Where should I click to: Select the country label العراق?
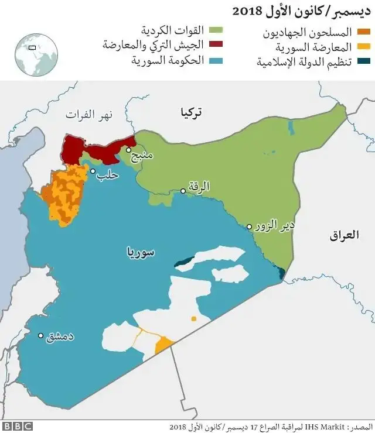pyautogui.click(x=343, y=236)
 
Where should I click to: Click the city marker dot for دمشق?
pyautogui.click(x=40, y=336)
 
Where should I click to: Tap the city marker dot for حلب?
pyautogui.click(x=93, y=171)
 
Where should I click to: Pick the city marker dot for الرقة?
pyautogui.click(x=183, y=191)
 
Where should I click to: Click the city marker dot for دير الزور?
pyautogui.click(x=250, y=226)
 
